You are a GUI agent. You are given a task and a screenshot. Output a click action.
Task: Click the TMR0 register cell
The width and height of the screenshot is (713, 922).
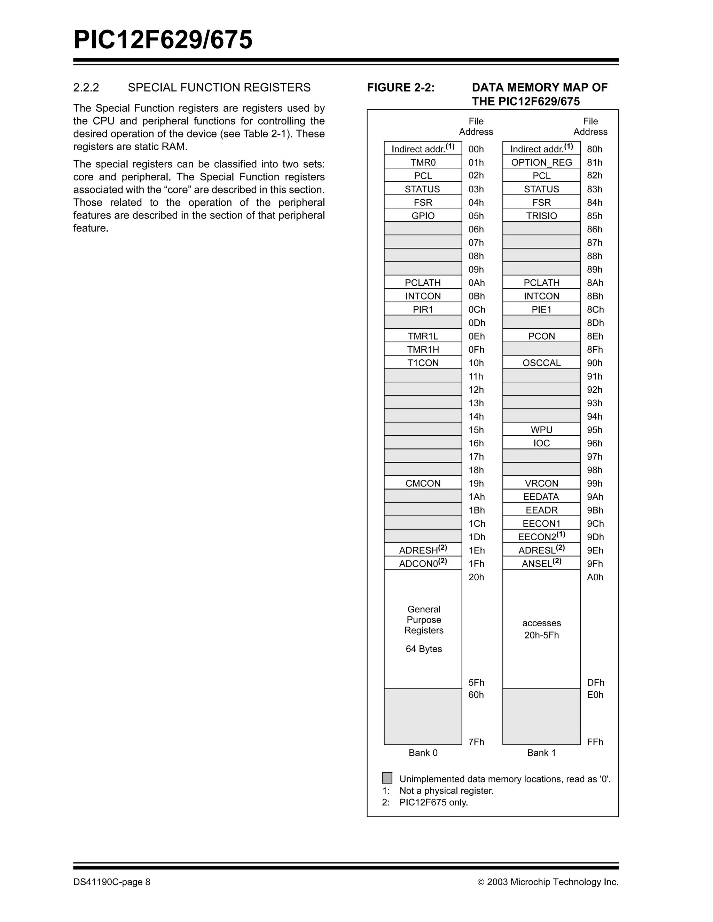423,162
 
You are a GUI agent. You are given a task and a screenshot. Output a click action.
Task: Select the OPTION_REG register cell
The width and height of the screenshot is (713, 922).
541,162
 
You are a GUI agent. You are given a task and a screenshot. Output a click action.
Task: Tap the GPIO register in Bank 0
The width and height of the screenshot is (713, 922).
423,216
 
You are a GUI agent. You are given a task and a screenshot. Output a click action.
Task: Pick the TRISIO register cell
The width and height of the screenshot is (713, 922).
541,216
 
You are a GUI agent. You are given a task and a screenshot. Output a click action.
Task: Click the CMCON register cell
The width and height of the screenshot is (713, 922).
423,483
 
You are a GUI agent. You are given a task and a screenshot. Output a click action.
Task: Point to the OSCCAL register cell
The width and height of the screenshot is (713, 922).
541,363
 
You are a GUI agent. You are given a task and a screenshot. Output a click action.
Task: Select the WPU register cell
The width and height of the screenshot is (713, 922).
541,430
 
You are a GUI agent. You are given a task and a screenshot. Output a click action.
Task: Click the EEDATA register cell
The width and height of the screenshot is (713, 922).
541,497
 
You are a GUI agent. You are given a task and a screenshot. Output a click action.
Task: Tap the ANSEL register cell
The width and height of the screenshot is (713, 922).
541,564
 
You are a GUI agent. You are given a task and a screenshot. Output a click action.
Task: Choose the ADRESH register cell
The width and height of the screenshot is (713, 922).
423,550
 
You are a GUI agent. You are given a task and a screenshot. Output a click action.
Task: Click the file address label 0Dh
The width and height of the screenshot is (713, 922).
477,323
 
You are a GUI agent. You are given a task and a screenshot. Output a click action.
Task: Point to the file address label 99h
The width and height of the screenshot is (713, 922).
595,483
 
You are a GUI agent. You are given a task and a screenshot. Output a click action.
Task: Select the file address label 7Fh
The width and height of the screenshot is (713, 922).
477,742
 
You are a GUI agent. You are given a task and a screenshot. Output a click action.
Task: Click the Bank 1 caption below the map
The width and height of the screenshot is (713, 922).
541,753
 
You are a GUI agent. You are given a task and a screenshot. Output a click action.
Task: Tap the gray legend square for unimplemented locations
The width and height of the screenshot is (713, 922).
387,778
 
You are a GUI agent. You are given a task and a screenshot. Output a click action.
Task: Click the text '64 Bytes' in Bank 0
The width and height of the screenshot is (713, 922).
424,649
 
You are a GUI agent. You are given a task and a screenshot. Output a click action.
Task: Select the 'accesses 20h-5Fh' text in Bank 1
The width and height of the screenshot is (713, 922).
541,629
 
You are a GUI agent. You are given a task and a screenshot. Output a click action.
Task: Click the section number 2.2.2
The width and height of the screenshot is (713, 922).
86,87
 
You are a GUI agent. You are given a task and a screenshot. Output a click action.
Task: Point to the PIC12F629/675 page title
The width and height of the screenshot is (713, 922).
163,40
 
